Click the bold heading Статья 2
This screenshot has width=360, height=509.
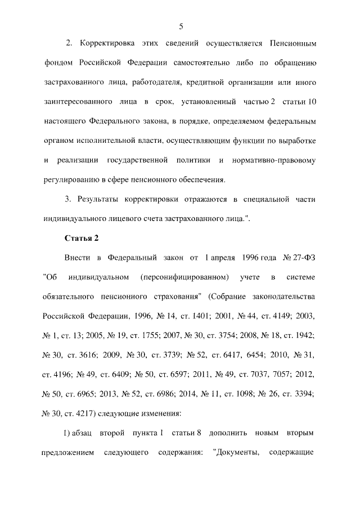point(82,238)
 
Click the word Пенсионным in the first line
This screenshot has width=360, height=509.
point(293,43)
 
